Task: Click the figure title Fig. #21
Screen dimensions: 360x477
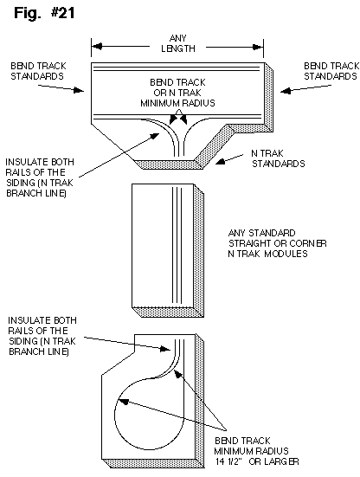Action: (x=44, y=13)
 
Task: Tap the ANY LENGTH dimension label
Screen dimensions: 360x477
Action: (x=178, y=43)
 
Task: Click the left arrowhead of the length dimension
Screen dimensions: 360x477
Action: (x=97, y=47)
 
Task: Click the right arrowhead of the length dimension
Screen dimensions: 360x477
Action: (x=258, y=47)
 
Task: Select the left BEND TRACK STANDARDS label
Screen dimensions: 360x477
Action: (x=38, y=71)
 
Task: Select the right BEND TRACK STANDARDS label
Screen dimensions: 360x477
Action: (x=331, y=71)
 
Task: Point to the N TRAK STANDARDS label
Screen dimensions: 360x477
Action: (x=278, y=158)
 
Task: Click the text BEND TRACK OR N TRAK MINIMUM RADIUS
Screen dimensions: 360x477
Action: (x=177, y=93)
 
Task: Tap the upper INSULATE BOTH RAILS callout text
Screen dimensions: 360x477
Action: (x=40, y=177)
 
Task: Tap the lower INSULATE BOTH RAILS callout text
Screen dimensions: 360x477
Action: (x=42, y=336)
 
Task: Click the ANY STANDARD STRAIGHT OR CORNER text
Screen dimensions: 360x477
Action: (x=277, y=238)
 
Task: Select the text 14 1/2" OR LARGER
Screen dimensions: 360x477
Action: (x=257, y=461)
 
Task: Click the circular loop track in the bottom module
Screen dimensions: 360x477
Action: (x=114, y=415)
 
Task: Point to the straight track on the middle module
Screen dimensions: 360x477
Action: (x=177, y=245)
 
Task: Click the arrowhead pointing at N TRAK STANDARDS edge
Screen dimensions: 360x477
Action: (x=221, y=161)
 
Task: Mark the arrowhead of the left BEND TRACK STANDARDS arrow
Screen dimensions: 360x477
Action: (x=79, y=90)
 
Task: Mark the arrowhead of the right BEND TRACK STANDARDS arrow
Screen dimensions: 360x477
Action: (x=286, y=91)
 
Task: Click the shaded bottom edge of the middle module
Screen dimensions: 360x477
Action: (x=168, y=313)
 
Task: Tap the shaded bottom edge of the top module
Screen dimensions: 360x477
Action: (x=168, y=164)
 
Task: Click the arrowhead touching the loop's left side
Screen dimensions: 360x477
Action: (x=123, y=402)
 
